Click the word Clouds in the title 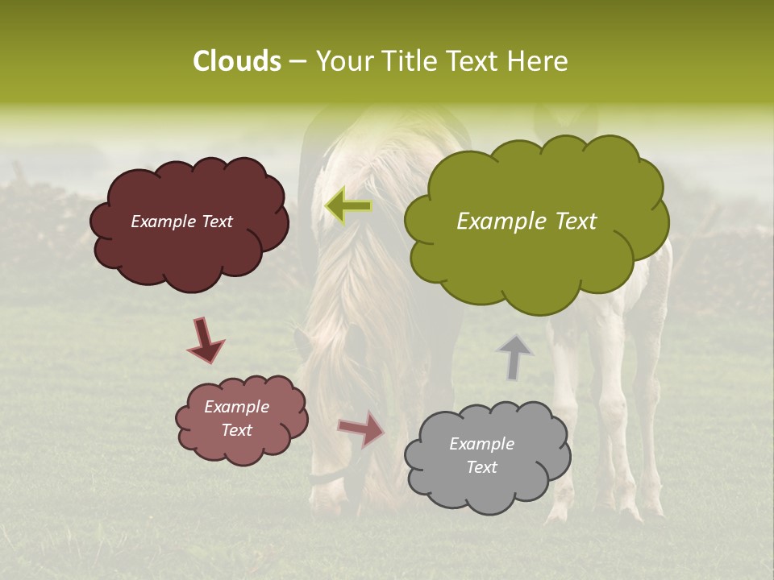tap(236, 61)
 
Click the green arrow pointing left tap(348, 206)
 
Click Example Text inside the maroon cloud tap(181, 222)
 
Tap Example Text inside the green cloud tap(526, 222)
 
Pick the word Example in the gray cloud tap(481, 444)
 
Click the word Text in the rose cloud tap(236, 430)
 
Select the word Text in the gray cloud tap(481, 467)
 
